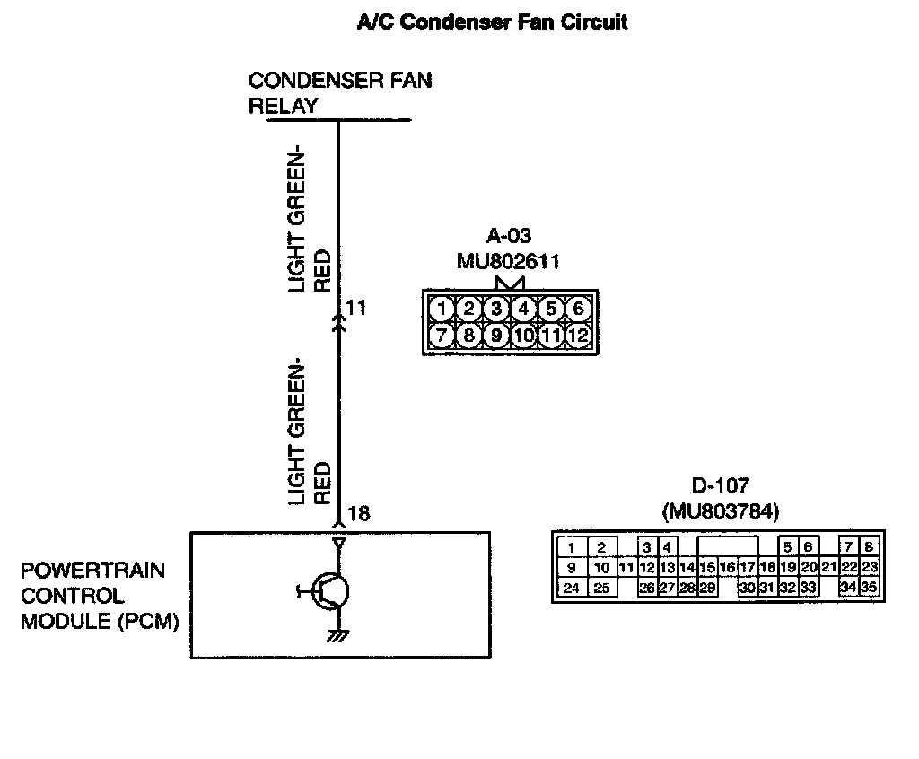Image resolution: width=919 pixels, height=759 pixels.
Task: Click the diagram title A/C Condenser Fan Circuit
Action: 493,22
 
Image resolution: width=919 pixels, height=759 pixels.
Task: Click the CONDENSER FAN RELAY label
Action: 340,93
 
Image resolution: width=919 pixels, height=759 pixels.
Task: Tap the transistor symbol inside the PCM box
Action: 324,591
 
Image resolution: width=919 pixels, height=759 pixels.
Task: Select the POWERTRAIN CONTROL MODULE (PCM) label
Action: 100,596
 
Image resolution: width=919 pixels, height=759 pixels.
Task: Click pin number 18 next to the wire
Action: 359,514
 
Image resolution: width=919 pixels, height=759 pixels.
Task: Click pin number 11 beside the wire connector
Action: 355,308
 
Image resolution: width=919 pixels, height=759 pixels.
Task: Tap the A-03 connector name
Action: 509,236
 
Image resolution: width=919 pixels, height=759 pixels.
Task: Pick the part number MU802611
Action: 508,261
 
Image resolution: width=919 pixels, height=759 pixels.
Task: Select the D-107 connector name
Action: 721,485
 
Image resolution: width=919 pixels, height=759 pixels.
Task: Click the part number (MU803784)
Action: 721,511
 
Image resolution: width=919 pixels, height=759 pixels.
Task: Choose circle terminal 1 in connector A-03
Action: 442,309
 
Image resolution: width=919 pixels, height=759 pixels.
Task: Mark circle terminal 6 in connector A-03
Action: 578,309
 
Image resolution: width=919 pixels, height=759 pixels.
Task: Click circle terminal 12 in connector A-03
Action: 578,336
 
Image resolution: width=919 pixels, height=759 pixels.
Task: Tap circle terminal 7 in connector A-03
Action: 442,336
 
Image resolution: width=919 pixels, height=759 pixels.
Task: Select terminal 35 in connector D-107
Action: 869,587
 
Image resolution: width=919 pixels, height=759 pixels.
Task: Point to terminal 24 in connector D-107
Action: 572,588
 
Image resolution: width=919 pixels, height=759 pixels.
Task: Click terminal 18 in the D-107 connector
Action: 767,567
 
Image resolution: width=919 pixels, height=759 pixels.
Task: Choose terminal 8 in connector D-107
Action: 869,547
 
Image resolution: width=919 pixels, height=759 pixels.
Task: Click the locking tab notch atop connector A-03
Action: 510,284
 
